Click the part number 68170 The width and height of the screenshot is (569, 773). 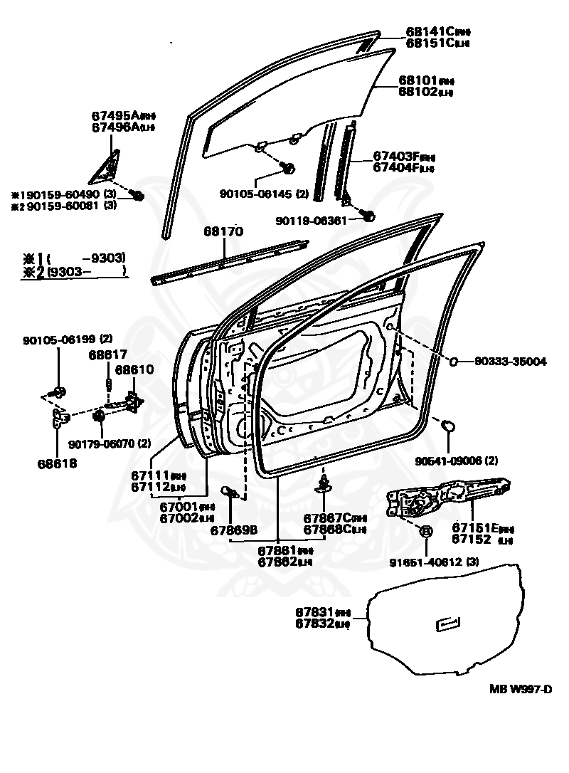(x=223, y=231)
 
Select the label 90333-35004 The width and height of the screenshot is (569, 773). (x=511, y=362)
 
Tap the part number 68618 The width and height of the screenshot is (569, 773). (x=58, y=463)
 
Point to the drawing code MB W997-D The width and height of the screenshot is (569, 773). (x=521, y=688)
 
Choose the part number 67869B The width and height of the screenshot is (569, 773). (x=233, y=530)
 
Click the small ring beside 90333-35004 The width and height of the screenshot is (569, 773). (x=452, y=362)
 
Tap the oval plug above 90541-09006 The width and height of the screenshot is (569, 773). (x=449, y=426)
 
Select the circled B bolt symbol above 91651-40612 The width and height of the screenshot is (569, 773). (x=426, y=531)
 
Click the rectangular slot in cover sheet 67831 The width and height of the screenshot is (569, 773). (x=447, y=624)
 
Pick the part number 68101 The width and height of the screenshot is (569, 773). (x=418, y=80)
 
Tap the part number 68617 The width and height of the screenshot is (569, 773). (x=108, y=354)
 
